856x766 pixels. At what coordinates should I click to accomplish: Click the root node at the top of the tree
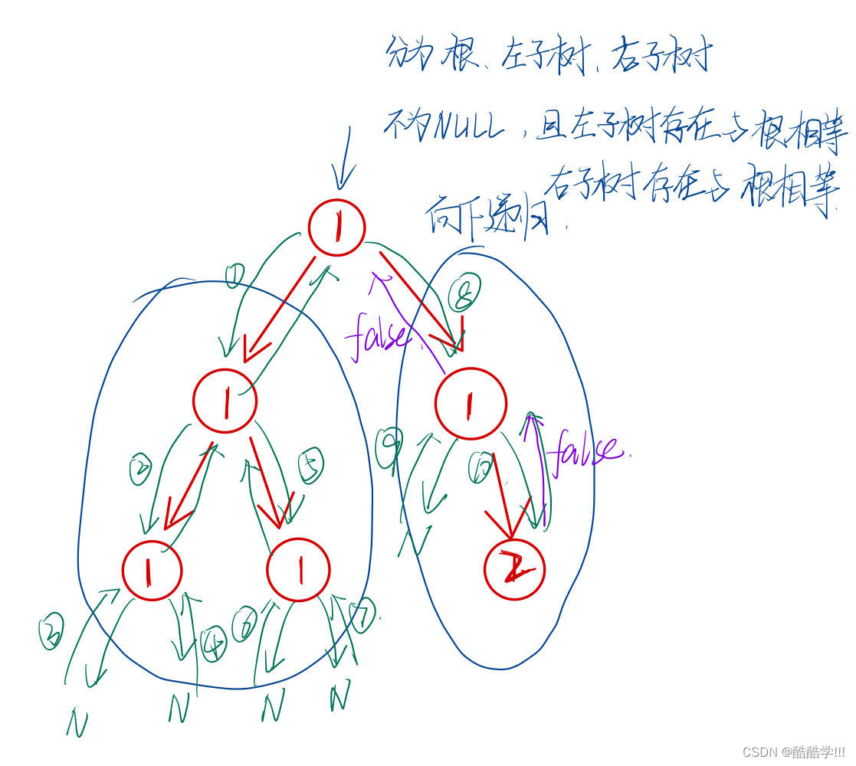[x=336, y=227]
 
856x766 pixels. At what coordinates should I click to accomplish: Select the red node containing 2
[x=515, y=570]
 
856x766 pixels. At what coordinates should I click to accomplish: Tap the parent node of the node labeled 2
[x=471, y=404]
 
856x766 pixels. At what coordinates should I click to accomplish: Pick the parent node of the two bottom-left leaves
[x=225, y=401]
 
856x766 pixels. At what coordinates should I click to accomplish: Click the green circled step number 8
[x=464, y=294]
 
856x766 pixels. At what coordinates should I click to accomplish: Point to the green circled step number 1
[x=235, y=274]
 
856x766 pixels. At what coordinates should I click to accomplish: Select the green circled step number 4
[x=214, y=644]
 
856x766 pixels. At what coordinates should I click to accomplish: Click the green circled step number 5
[x=310, y=465]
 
